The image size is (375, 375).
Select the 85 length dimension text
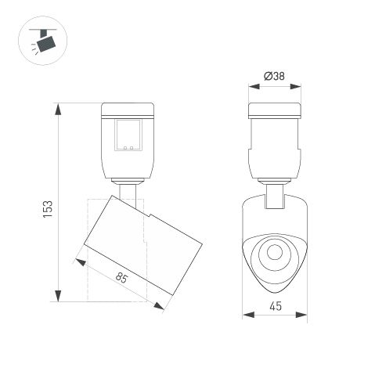coord(121,278)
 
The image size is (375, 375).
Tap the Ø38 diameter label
coord(274,76)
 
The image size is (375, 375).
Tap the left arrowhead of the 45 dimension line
coord(245,316)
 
